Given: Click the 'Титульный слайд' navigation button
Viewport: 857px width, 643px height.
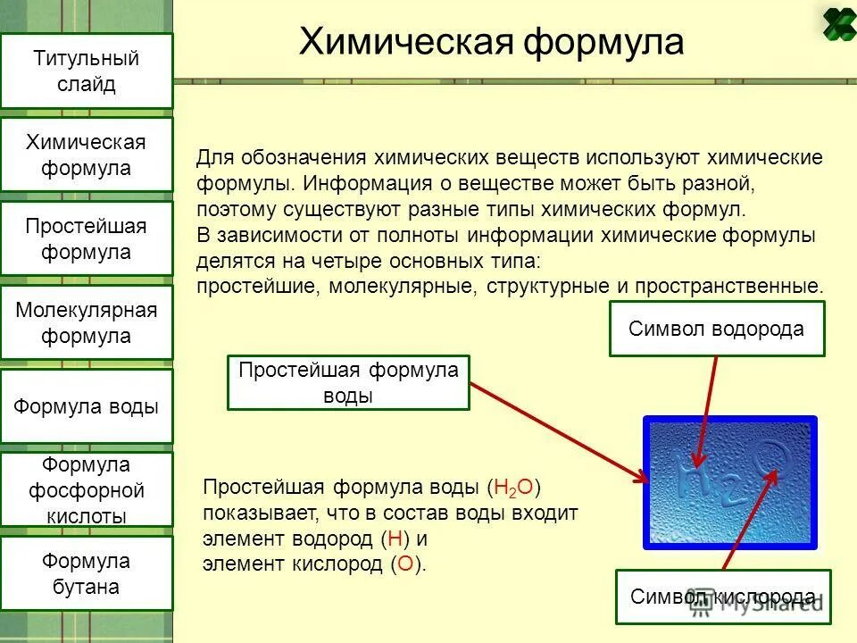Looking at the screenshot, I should [87, 71].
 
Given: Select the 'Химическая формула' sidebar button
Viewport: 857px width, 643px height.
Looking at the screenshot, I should [87, 155].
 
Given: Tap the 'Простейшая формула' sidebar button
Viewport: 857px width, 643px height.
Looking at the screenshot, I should [87, 239].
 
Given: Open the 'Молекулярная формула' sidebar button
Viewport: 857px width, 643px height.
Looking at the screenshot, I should [87, 323].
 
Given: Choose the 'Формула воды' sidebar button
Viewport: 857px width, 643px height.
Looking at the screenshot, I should [87, 407].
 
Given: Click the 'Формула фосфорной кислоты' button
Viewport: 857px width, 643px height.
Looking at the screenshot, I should [87, 490].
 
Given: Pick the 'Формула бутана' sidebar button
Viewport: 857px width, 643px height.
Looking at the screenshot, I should [87, 574].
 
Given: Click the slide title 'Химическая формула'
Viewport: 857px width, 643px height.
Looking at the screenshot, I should [491, 42].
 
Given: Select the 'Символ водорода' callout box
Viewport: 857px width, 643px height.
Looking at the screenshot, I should [716, 329].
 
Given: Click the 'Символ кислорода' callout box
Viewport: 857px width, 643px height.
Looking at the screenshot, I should [722, 597].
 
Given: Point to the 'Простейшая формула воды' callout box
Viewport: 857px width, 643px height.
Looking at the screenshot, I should [348, 383].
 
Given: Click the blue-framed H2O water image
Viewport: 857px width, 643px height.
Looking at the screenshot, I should [729, 482].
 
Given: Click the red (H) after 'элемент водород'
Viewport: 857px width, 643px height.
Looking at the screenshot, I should [394, 539].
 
